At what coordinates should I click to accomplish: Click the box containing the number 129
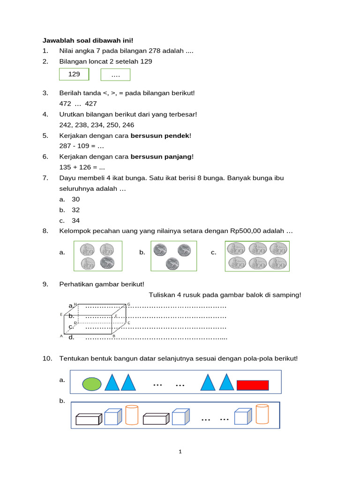[74, 75]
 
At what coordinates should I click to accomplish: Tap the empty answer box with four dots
[115, 75]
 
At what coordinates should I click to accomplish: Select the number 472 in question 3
[65, 104]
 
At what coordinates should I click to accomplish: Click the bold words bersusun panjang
[161, 157]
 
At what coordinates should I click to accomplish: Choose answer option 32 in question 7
[75, 210]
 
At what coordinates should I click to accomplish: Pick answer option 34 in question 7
[75, 220]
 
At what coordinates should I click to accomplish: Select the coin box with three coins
[173, 256]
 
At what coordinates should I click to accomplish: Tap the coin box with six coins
[257, 256]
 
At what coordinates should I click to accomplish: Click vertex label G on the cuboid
[129, 304]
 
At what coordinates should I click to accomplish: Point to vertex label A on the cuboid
[61, 336]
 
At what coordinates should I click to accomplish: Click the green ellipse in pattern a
[92, 384]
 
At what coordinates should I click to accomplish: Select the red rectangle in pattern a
[253, 385]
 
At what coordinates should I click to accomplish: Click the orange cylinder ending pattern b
[262, 415]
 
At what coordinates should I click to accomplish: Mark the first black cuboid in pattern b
[89, 419]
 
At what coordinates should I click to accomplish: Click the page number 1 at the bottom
[180, 452]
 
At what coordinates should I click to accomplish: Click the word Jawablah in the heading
[56, 40]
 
